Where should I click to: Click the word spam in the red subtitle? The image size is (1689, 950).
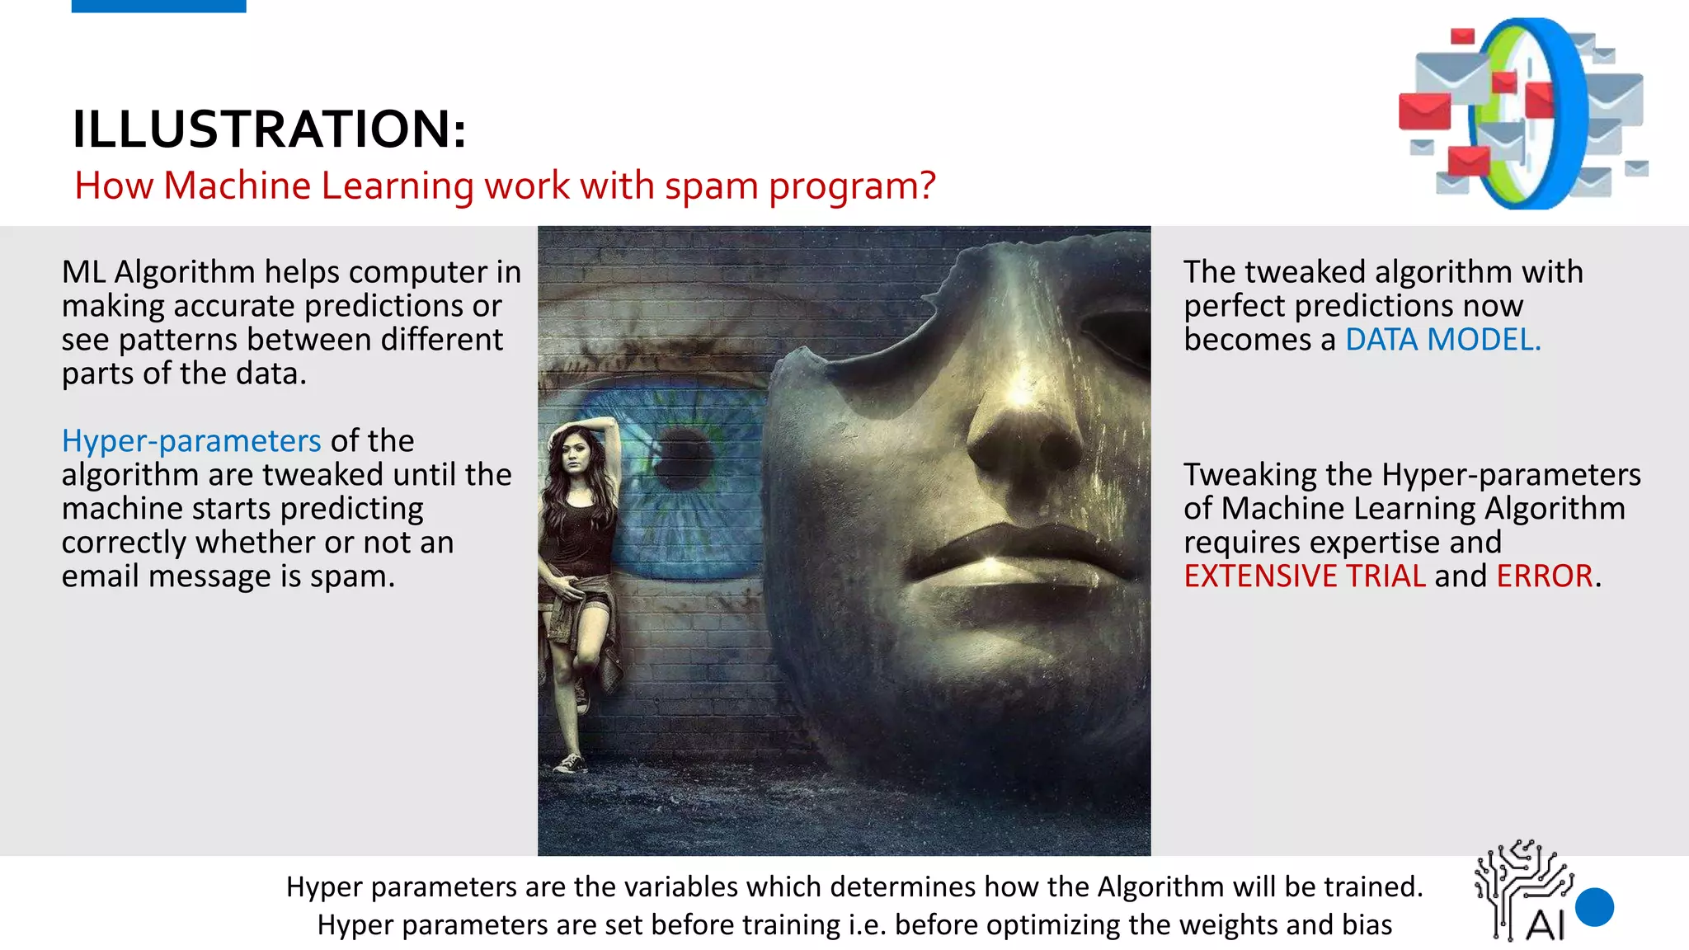click(711, 186)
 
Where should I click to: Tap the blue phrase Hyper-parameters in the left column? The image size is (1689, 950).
click(191, 441)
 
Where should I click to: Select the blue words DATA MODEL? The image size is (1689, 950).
click(1442, 340)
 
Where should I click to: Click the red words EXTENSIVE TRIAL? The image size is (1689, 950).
click(1304, 576)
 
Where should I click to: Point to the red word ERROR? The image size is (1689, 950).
click(1544, 576)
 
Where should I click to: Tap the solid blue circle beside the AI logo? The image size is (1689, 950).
click(1594, 907)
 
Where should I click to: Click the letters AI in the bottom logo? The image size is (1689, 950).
click(1544, 925)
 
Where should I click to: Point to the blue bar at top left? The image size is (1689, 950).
click(158, 6)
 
